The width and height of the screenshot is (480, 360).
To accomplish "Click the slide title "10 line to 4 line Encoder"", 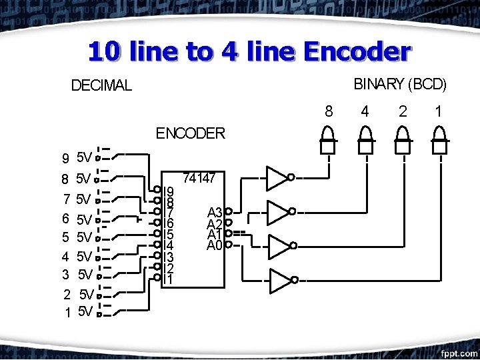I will click(x=249, y=51).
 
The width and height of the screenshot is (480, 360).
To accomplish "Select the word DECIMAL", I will click(x=101, y=86).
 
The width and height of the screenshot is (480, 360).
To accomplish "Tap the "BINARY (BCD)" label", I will click(x=399, y=84).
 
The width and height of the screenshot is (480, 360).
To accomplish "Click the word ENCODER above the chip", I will click(x=190, y=133).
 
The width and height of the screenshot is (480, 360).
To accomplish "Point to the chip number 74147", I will click(x=199, y=179).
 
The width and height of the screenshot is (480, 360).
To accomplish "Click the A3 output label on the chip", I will click(x=214, y=212).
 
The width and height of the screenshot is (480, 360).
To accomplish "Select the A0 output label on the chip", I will click(x=214, y=245).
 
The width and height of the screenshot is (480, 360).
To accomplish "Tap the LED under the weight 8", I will click(x=327, y=141).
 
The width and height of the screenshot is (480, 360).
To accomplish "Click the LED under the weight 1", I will click(x=439, y=141).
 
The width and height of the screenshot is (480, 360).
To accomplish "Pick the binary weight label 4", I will click(x=364, y=111).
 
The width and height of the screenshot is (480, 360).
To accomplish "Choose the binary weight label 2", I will click(x=402, y=111).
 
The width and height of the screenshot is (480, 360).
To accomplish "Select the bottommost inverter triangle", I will click(x=280, y=282).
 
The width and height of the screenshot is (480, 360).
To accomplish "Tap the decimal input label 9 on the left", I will click(x=65, y=159).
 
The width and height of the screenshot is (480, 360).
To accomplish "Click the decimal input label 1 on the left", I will click(x=68, y=312).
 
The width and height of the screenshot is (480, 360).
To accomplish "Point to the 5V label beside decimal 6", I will click(x=85, y=219).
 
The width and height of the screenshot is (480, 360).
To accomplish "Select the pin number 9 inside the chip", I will click(x=170, y=191).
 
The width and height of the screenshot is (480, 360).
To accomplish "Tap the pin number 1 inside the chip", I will click(x=170, y=279).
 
